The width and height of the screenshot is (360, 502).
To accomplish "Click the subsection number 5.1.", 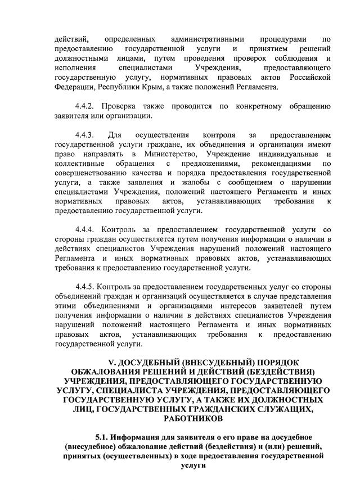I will (x=102, y=437).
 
